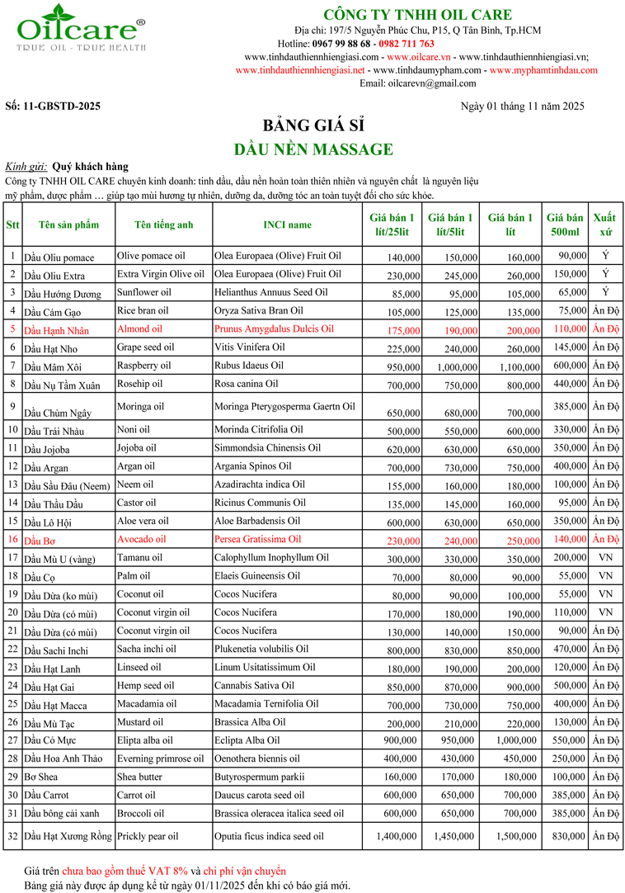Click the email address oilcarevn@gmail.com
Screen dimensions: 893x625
(x=430, y=83)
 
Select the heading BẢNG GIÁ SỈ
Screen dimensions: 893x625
(x=312, y=125)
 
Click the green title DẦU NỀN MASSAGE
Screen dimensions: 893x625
(x=312, y=149)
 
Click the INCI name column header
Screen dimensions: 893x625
(x=287, y=224)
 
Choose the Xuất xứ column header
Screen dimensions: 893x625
(x=605, y=224)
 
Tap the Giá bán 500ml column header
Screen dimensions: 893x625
(x=566, y=224)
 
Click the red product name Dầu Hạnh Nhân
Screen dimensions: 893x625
(x=57, y=330)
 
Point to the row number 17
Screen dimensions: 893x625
(x=12, y=557)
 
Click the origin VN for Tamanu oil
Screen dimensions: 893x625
(x=605, y=557)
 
